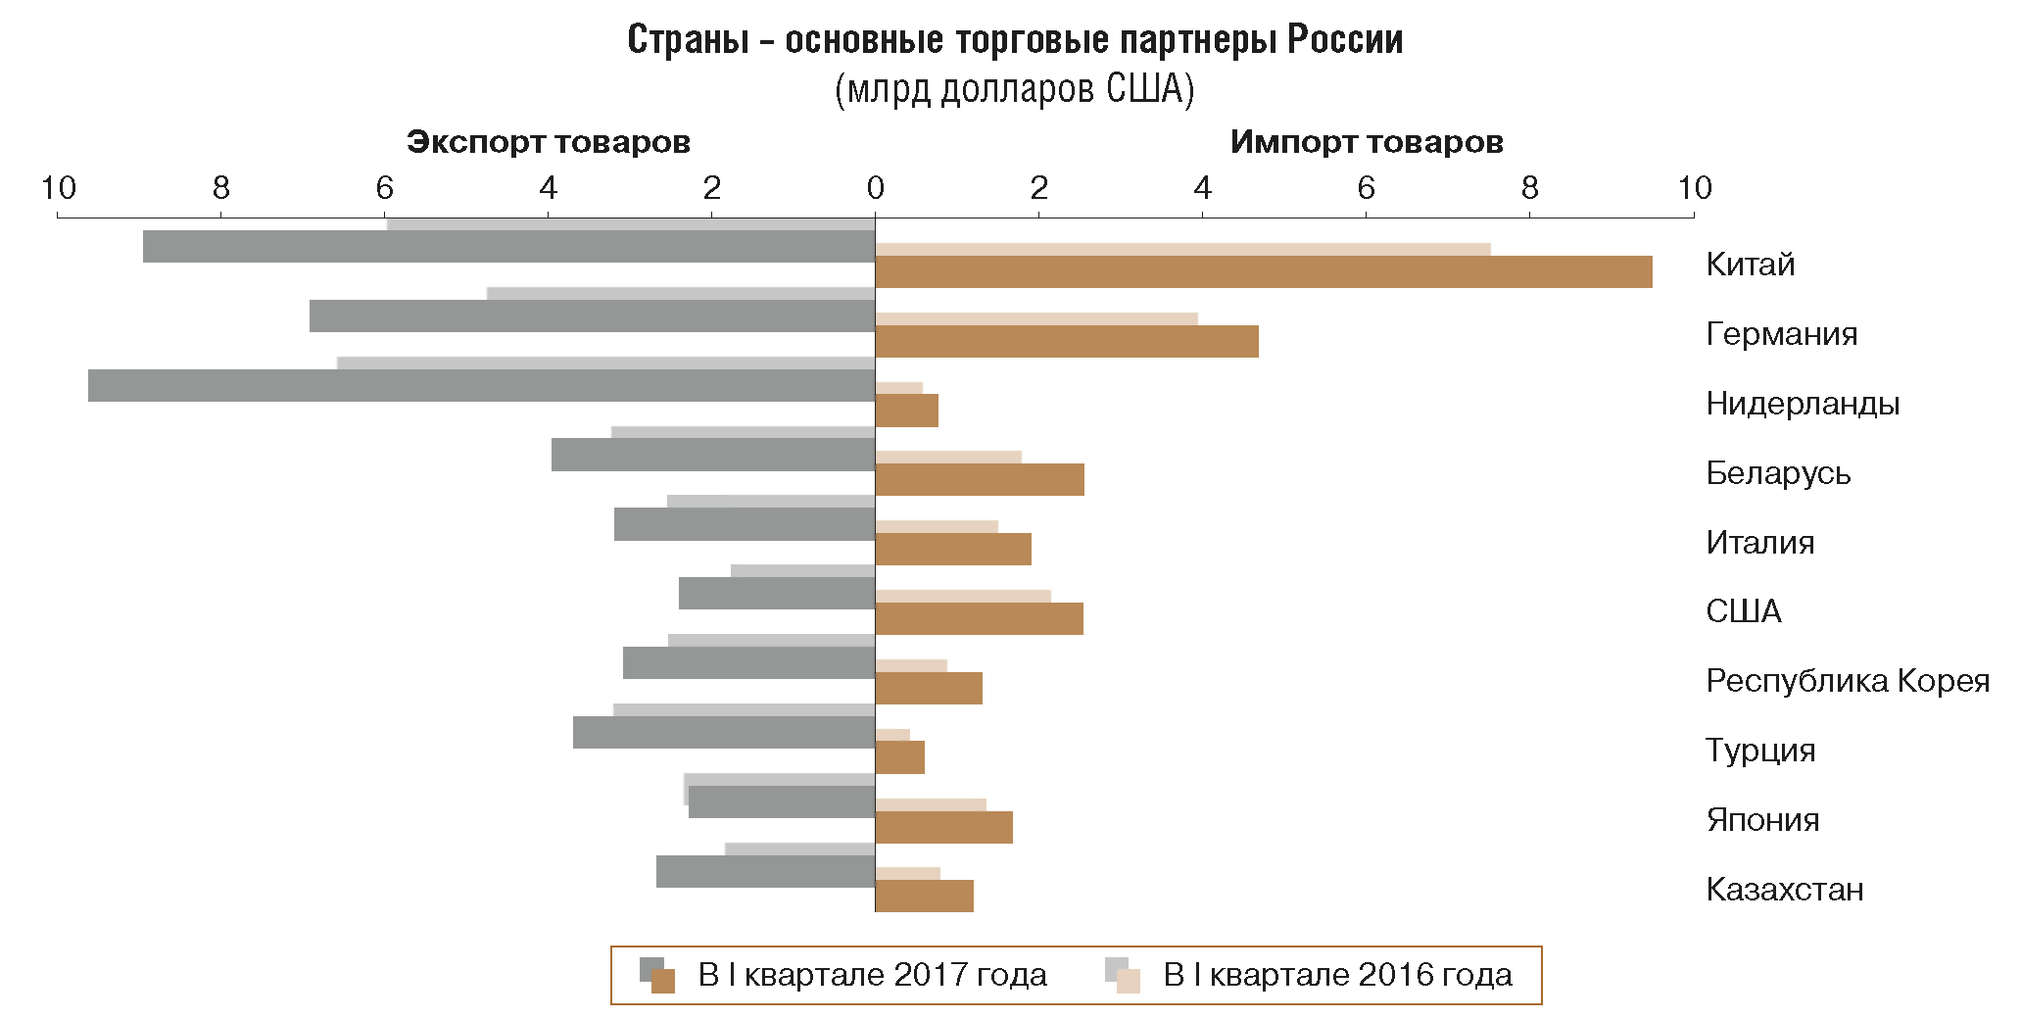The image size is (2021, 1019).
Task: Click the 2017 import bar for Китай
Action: (1264, 272)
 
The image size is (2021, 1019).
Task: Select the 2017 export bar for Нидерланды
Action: (481, 386)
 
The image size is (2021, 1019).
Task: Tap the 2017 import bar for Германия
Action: (1067, 342)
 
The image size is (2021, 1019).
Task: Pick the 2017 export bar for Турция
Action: (724, 733)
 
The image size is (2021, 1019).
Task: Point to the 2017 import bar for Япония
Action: (943, 828)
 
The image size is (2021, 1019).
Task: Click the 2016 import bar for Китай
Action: (1182, 250)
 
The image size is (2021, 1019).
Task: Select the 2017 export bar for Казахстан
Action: (765, 872)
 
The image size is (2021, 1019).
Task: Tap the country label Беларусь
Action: (1778, 473)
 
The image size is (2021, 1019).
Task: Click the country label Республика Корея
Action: (1848, 681)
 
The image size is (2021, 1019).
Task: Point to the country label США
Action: (1744, 611)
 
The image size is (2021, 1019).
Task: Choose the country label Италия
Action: (1760, 543)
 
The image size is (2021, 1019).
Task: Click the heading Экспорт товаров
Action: (549, 142)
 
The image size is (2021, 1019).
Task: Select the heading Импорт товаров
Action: (1367, 142)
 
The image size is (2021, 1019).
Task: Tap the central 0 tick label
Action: (875, 188)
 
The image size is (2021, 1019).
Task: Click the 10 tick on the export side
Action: (58, 188)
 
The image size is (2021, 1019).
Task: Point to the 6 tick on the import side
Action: (1366, 188)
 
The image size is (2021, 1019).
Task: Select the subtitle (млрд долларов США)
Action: (1015, 89)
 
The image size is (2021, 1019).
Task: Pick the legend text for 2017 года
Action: (872, 975)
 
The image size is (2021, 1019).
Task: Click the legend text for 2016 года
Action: (1337, 975)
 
